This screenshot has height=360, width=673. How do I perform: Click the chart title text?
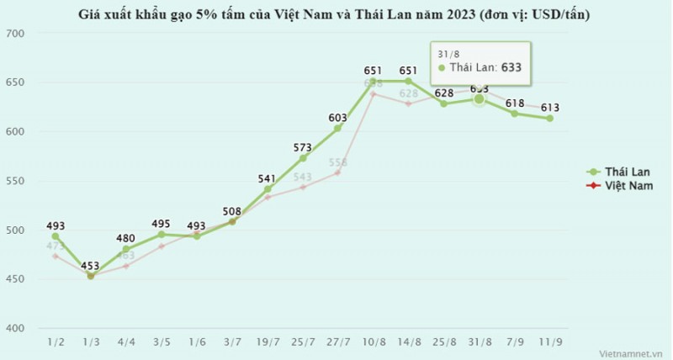pos(336,14)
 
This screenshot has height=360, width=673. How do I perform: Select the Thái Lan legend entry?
pos(618,171)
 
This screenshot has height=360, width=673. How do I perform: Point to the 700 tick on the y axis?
pos(16,33)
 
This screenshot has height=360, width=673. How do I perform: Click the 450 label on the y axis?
pos(16,279)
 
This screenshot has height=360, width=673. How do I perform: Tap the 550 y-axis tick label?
pos(16,181)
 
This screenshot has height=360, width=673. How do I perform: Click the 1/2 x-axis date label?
pos(55,341)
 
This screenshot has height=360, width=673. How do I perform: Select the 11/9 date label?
pos(550,341)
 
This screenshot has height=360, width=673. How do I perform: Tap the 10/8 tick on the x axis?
pos(374,341)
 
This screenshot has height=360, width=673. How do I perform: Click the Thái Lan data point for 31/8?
pos(479,98)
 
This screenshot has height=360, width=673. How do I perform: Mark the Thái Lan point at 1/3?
pos(90,275)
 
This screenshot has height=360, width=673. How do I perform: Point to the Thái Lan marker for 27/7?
pos(337,129)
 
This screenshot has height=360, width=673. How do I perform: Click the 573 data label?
pos(303,147)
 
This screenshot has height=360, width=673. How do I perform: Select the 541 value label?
pos(268,178)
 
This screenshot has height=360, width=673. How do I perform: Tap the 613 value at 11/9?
pos(550,108)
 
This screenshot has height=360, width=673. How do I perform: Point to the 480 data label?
pos(125,238)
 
